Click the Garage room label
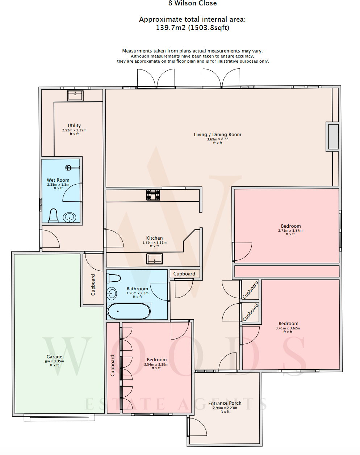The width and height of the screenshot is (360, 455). (54, 357)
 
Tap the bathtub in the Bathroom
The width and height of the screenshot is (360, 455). (129, 311)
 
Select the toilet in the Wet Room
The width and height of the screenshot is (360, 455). (53, 216)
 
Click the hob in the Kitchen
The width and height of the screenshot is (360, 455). (153, 195)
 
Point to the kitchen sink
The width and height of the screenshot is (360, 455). (155, 259)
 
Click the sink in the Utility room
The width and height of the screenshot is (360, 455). (75, 96)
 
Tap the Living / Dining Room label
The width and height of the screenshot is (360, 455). (217, 134)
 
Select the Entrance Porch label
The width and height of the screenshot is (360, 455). (225, 403)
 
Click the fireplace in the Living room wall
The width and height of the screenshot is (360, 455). (333, 136)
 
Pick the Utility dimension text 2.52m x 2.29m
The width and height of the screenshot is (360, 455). (74, 130)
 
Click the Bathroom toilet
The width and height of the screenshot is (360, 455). (114, 278)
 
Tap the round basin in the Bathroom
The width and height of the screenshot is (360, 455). (112, 294)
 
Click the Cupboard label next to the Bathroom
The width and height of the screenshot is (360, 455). (184, 274)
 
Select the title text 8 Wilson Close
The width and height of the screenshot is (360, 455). (192, 3)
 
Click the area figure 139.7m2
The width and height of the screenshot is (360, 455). (171, 28)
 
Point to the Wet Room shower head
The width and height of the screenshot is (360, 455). (68, 168)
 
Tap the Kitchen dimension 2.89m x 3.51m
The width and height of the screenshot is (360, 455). (154, 243)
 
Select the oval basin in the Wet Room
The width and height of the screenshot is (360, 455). (70, 217)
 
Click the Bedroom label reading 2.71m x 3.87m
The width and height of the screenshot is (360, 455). (290, 231)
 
